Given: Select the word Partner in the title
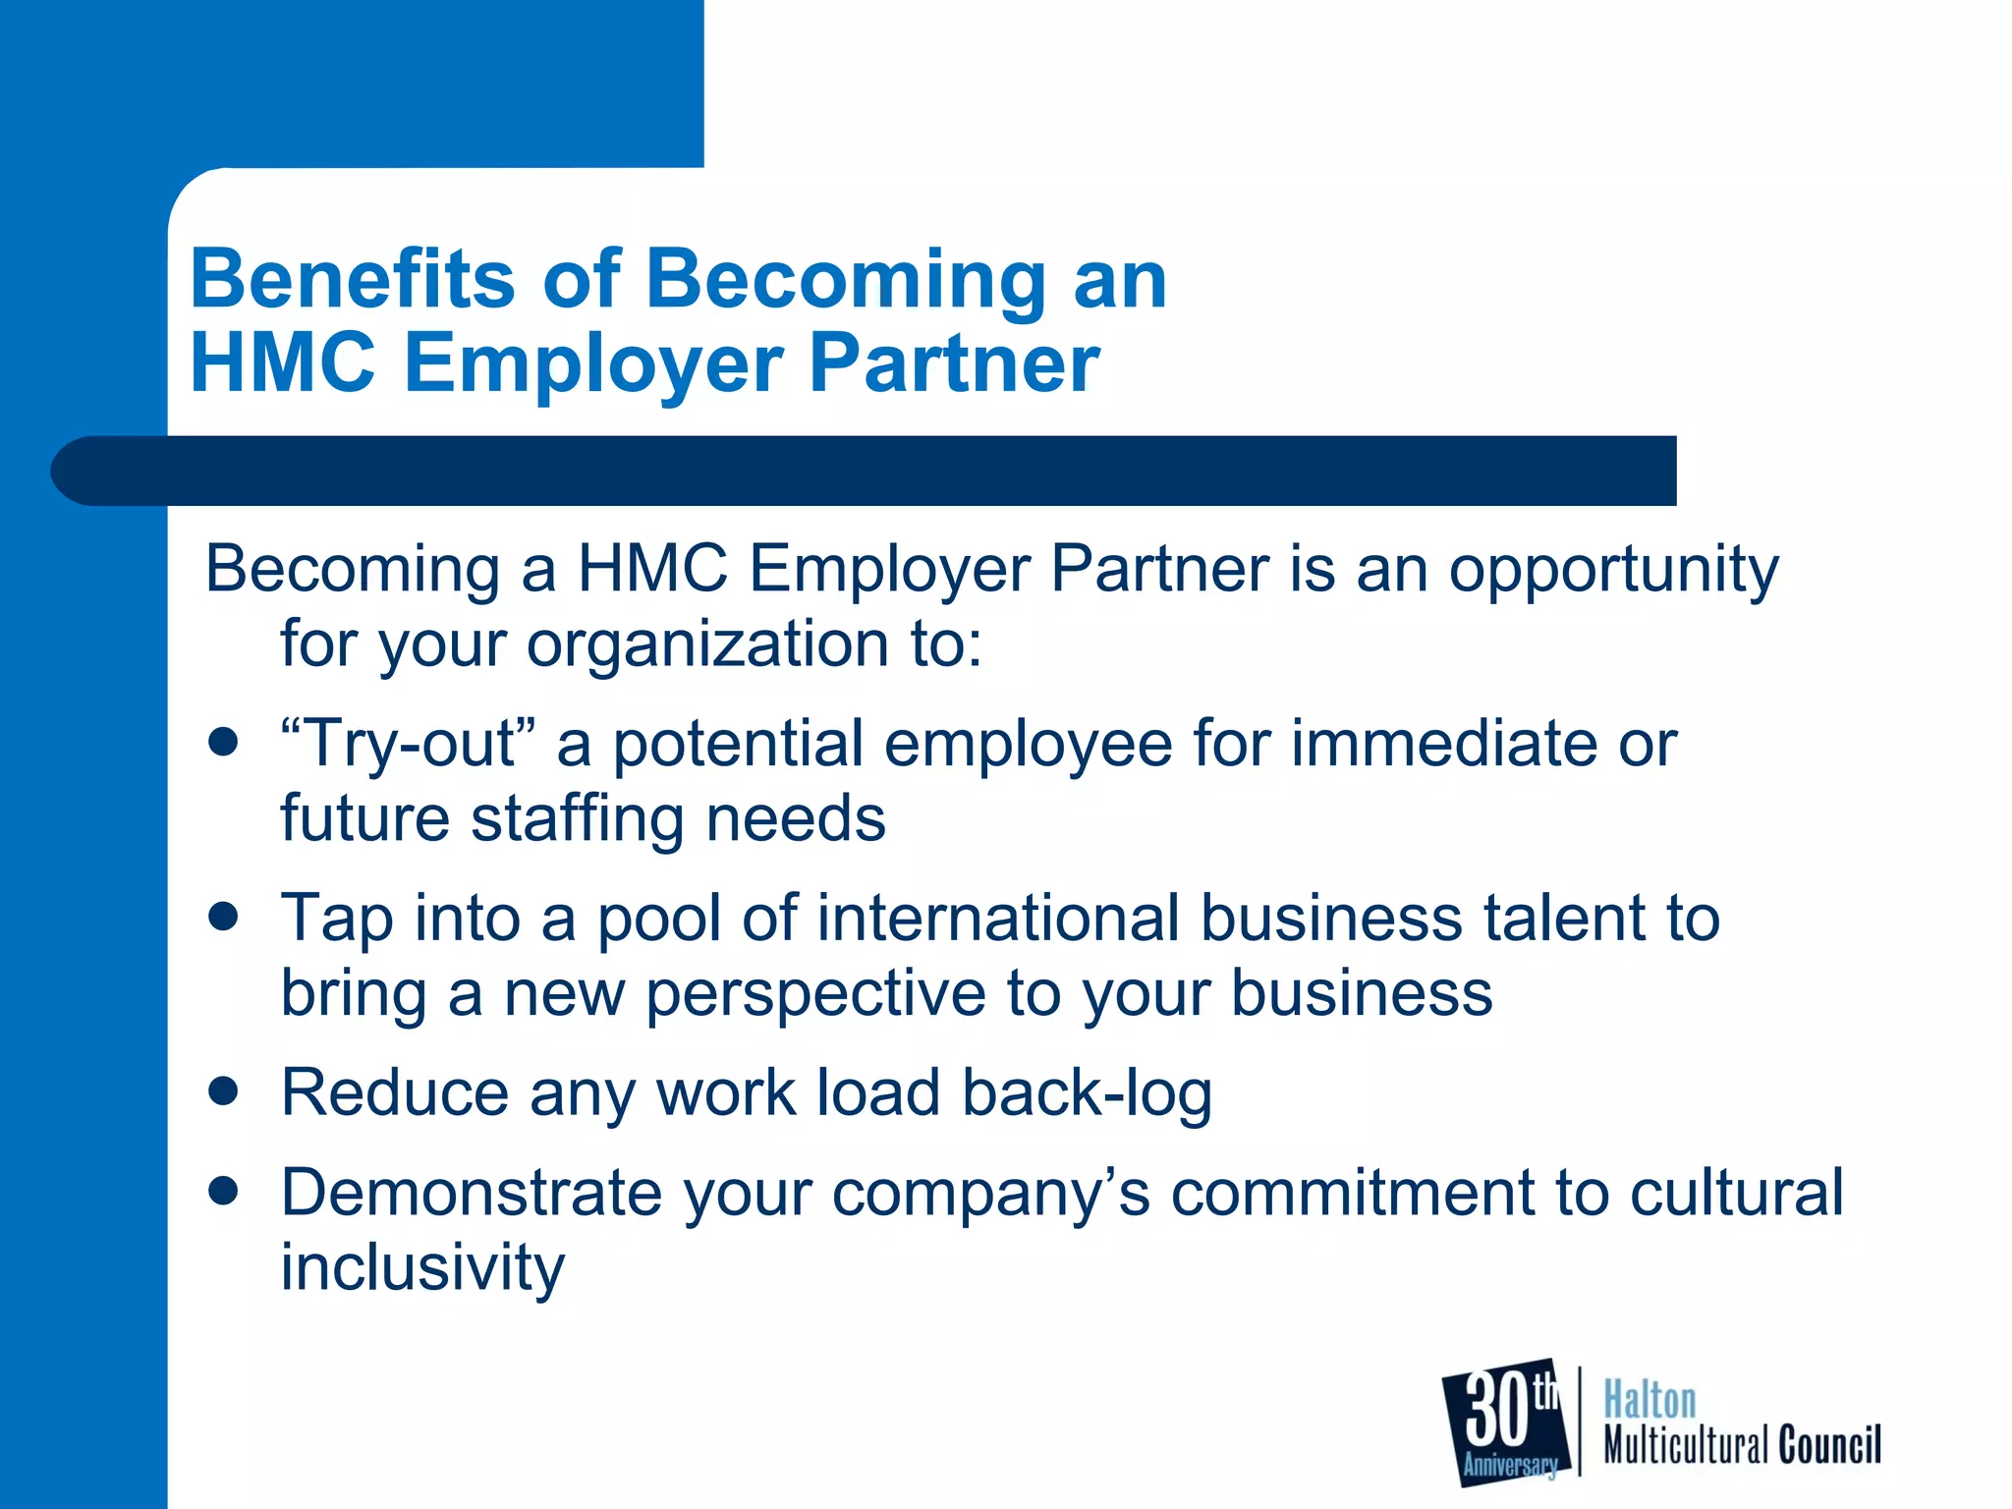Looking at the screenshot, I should tap(953, 363).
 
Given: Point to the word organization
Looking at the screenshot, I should tap(707, 646).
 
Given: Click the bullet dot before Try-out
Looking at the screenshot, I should tap(224, 742).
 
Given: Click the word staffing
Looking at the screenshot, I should tap(578, 821).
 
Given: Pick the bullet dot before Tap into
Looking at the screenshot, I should tap(224, 917).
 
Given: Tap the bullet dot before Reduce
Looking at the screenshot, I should tap(224, 1090).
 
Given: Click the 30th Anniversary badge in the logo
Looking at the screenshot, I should tap(1503, 1423).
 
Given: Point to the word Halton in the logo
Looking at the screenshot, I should tap(1649, 1400).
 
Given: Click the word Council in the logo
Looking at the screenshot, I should tap(1829, 1445).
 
